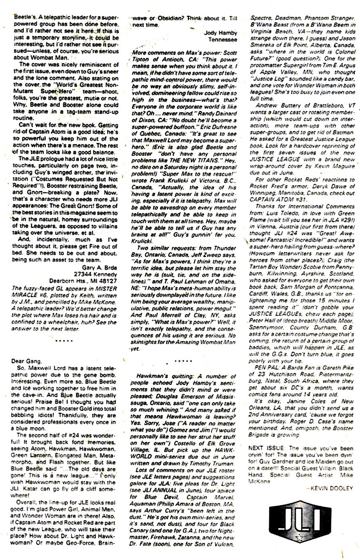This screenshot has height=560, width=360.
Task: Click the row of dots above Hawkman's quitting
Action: click(182, 360)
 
